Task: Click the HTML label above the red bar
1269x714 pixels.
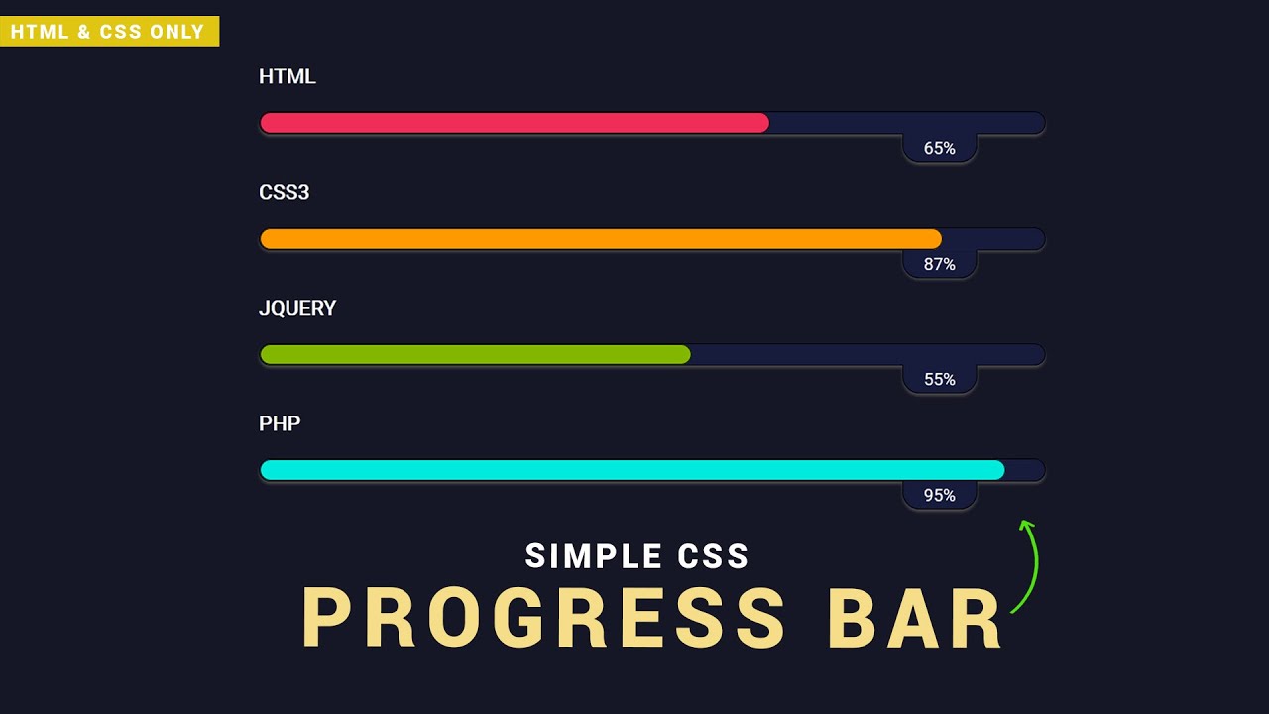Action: coord(288,77)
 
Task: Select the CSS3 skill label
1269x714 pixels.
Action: coord(285,192)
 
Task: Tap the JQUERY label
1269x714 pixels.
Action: coord(297,308)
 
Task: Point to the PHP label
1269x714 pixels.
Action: coord(280,423)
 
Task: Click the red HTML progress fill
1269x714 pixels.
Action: coord(514,123)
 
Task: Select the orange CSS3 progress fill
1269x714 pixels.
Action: coord(600,239)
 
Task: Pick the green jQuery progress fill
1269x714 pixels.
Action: coord(475,354)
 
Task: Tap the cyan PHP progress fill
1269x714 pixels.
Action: coord(632,470)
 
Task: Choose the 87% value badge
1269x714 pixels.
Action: coord(940,265)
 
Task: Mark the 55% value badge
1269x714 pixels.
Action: coord(940,380)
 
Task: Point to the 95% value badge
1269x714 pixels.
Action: coord(940,495)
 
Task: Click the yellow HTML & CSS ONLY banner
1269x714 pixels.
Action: coord(108,32)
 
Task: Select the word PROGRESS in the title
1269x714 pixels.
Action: coord(543,620)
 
